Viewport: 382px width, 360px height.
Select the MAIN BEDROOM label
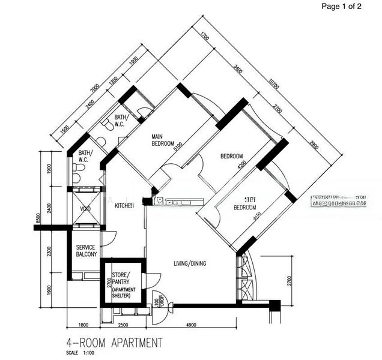tap(162, 140)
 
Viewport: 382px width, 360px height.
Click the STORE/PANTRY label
tap(124, 279)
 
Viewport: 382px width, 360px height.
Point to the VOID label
tap(85, 209)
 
